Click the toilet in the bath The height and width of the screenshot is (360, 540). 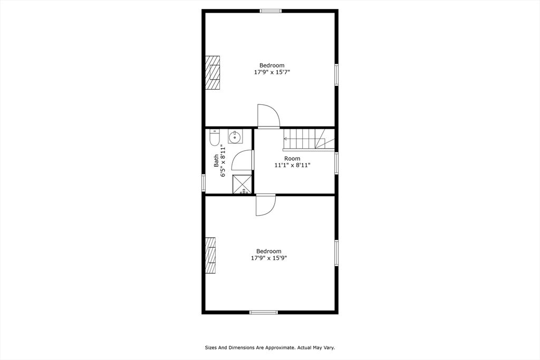coord(214,138)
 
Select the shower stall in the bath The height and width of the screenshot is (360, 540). coord(243,184)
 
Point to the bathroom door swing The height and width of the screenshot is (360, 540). coord(243,160)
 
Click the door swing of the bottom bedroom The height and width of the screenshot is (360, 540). coord(265,205)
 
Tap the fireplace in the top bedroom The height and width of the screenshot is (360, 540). coord(213,73)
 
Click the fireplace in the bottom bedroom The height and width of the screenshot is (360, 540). coord(211,256)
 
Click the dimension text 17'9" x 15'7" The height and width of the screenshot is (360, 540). coord(272,72)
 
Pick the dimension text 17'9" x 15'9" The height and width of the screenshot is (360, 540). coord(268,258)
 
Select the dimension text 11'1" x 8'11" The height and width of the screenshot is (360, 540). coord(292,165)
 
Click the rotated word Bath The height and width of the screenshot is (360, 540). coord(216,161)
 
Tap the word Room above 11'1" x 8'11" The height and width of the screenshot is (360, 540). coord(292,158)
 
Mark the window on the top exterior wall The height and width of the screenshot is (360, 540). coord(271,11)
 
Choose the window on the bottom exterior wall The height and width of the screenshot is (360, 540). coord(264,312)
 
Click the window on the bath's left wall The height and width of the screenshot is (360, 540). coord(204,182)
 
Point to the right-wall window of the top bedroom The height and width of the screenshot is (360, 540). coord(336,75)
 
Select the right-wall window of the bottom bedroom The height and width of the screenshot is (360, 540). coord(336,252)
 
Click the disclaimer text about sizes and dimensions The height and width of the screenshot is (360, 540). coord(269,348)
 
